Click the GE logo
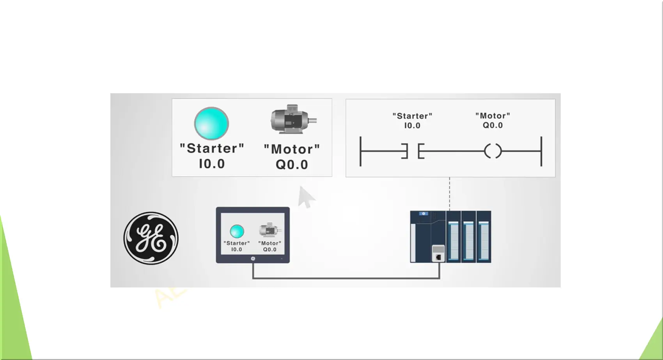pos(151,238)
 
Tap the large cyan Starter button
pos(211,124)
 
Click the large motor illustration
pos(293,119)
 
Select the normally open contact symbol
pos(413,151)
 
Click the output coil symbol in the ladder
pos(493,151)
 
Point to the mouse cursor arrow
pos(306,197)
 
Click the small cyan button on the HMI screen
pos(237,231)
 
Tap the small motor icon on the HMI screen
pos(269,230)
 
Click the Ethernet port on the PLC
pos(438,257)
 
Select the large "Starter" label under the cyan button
pos(212,148)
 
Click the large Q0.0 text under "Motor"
pos(292,165)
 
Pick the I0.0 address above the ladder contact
pos(412,126)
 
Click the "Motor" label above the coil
pos(493,116)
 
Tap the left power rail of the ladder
pos(360,151)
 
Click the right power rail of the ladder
pos(541,151)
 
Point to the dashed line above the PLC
pos(450,194)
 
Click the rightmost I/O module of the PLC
pos(484,237)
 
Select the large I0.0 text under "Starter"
pos(212,164)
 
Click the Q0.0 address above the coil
pos(493,125)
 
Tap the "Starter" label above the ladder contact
pos(412,116)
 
